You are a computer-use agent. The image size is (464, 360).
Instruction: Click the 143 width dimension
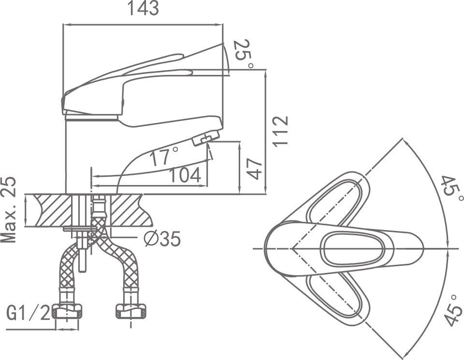click(143, 8)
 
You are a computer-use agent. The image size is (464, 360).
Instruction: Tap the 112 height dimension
click(280, 131)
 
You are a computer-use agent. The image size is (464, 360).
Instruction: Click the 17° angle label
click(164, 156)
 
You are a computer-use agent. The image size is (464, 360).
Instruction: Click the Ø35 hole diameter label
click(162, 239)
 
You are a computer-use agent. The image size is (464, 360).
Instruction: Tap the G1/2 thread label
click(29, 314)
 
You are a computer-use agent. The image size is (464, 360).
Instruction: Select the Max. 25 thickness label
click(9, 210)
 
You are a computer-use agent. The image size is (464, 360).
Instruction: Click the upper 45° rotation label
click(452, 189)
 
